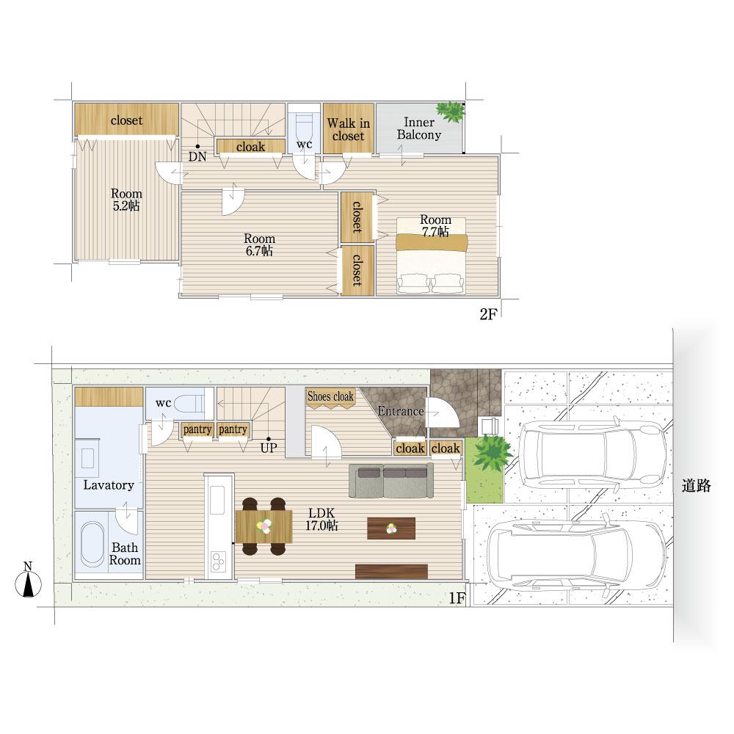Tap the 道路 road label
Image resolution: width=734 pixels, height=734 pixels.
pos(696,486)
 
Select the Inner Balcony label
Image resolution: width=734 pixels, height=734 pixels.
pos(419,128)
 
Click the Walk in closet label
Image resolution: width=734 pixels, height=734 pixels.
pos(348,130)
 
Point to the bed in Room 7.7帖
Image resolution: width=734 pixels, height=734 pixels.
pos(431,255)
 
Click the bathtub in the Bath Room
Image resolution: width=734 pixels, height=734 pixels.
pos(92,545)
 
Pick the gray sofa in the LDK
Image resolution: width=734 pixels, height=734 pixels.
pos(391,481)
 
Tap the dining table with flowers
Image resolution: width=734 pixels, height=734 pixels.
pos(264,526)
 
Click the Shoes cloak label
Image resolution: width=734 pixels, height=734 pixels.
pos(330,396)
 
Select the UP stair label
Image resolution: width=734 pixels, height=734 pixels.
pos(269,448)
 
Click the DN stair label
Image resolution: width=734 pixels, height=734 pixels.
pos(197,156)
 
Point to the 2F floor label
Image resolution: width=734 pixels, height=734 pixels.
pos(488,314)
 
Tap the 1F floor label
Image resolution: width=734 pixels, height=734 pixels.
pos(457,597)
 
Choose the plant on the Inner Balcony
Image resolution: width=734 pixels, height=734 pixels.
pos(451,112)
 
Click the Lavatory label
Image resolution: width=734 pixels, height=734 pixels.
pos(109,485)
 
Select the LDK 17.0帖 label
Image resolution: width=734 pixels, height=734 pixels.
pos(321,519)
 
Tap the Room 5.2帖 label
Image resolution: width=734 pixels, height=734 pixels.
pos(126,200)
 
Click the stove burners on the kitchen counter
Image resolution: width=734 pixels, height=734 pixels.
pos(218,562)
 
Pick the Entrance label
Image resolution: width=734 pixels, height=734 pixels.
pos(401,411)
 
